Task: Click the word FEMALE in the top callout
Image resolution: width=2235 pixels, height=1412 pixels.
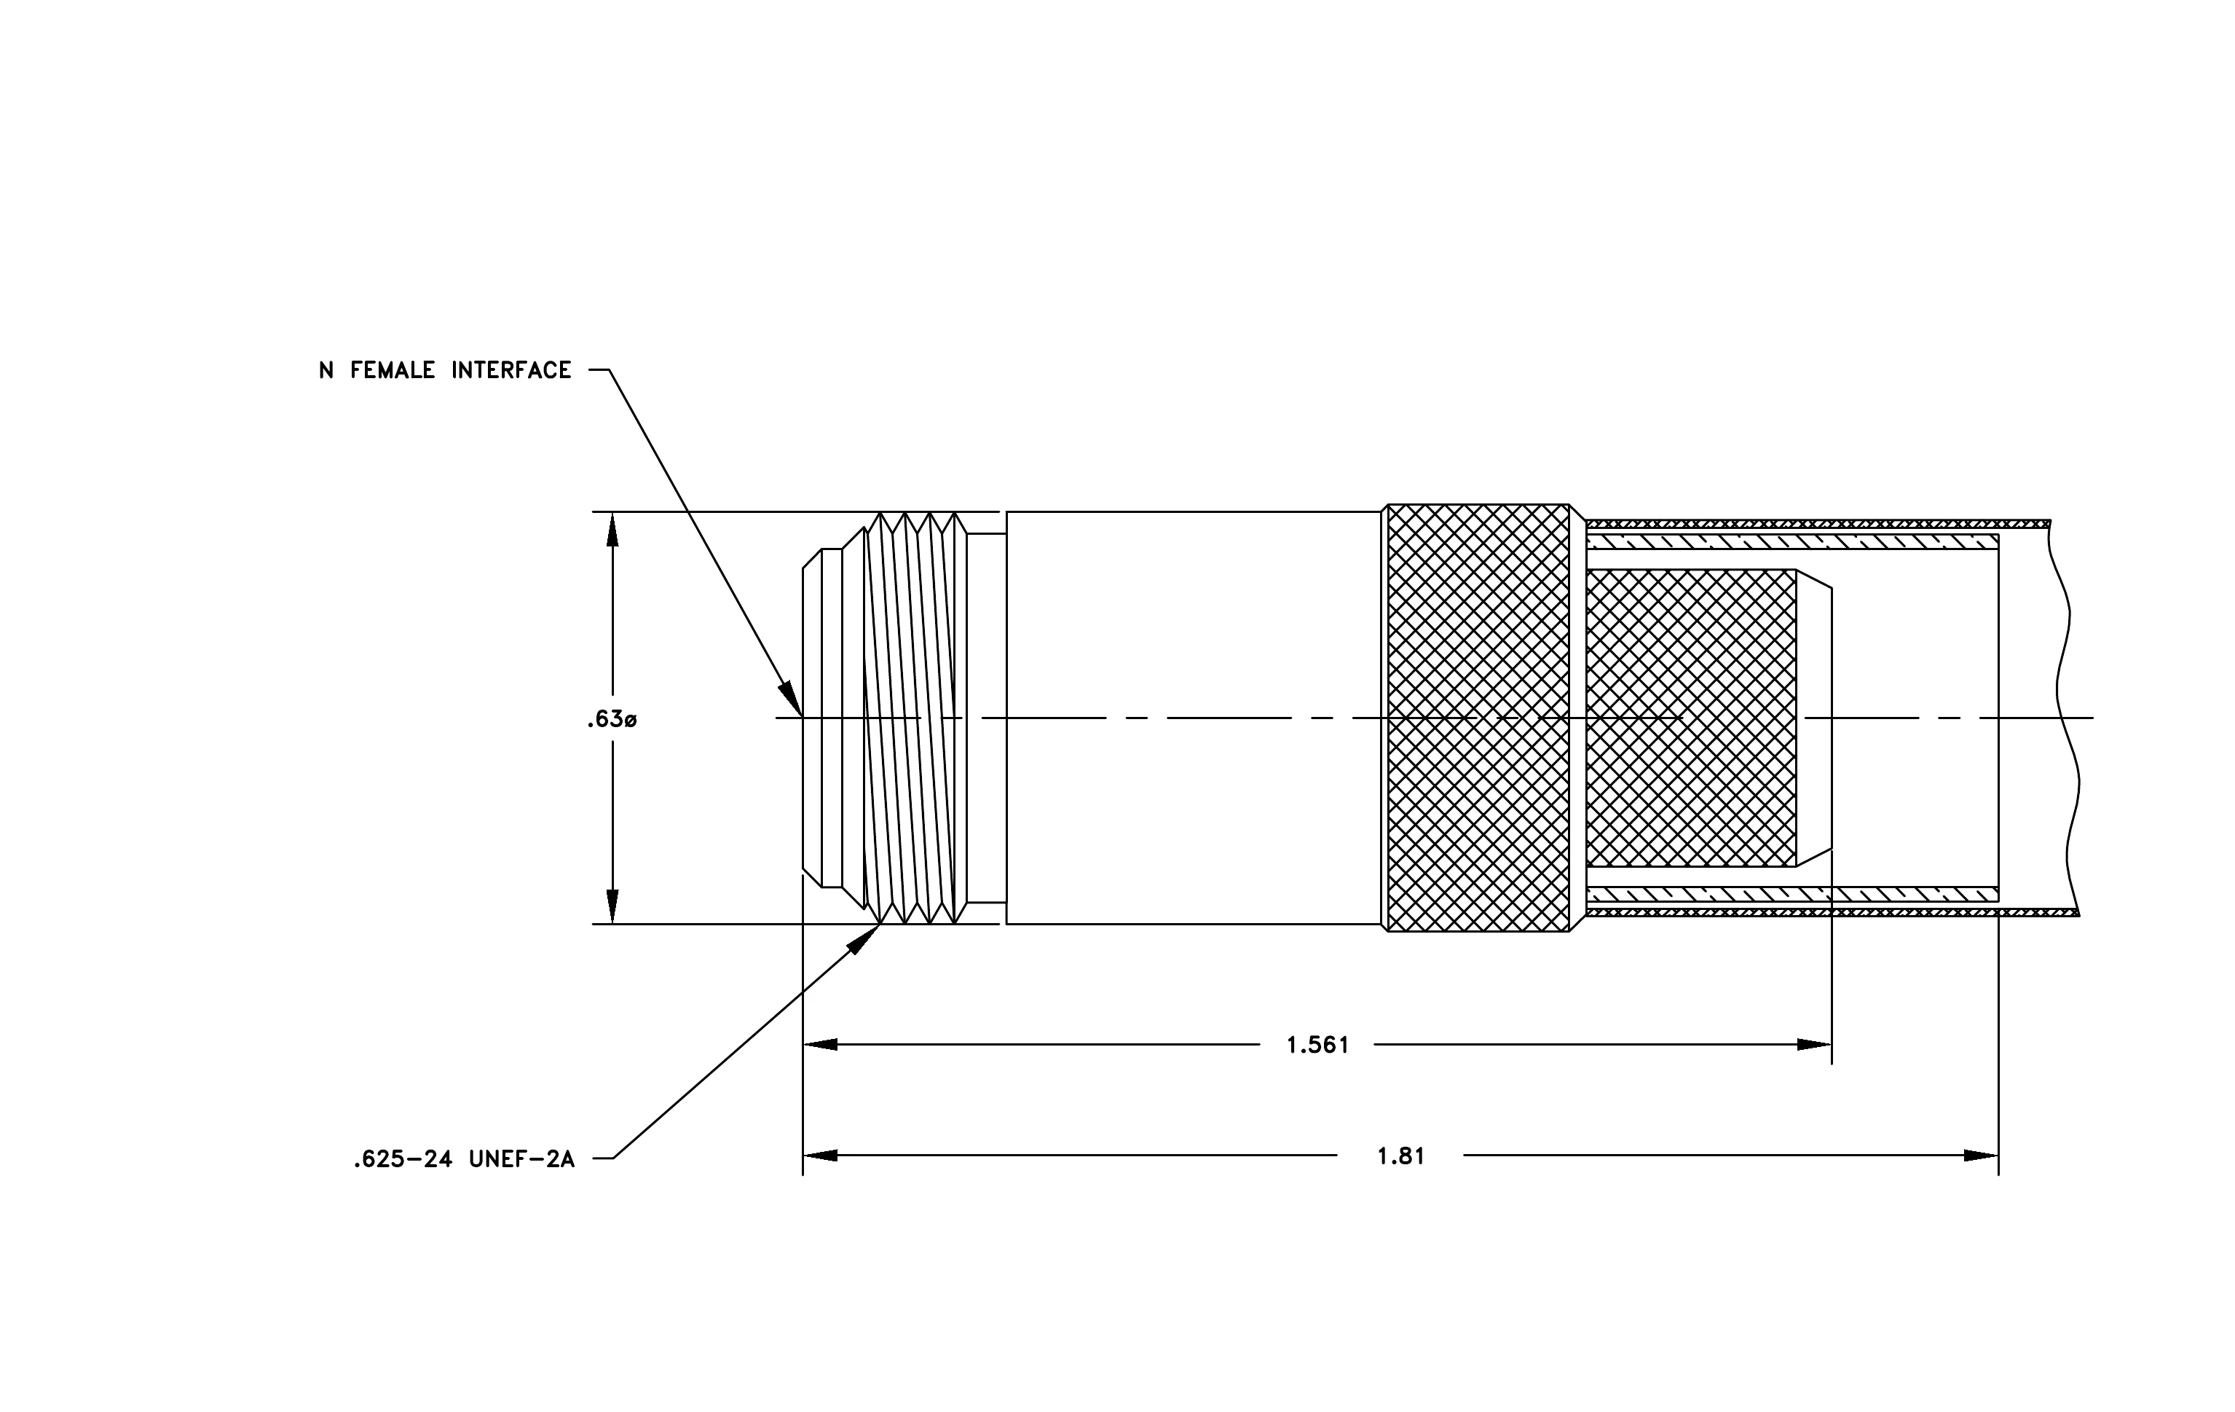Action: click(x=392, y=370)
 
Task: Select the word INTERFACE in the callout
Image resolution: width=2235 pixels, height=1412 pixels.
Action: click(x=511, y=370)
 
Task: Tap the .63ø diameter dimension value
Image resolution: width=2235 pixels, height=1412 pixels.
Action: click(x=612, y=719)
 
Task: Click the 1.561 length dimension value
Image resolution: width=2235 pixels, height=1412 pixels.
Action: click(x=1317, y=1046)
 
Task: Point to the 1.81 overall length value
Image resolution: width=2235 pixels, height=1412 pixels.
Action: click(x=1400, y=1156)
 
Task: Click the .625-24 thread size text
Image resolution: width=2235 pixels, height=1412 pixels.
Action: click(x=402, y=1159)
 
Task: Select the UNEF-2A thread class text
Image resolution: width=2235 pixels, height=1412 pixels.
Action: click(x=521, y=1159)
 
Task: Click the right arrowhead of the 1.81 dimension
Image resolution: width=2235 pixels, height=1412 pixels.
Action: click(x=1982, y=1156)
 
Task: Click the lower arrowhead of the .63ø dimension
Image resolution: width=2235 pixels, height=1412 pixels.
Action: click(x=612, y=907)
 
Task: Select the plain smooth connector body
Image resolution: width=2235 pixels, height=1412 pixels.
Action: click(x=1194, y=718)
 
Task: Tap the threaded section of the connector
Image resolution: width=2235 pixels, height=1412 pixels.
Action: click(x=915, y=718)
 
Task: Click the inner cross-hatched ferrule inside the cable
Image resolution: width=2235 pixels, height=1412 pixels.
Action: click(x=1691, y=718)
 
